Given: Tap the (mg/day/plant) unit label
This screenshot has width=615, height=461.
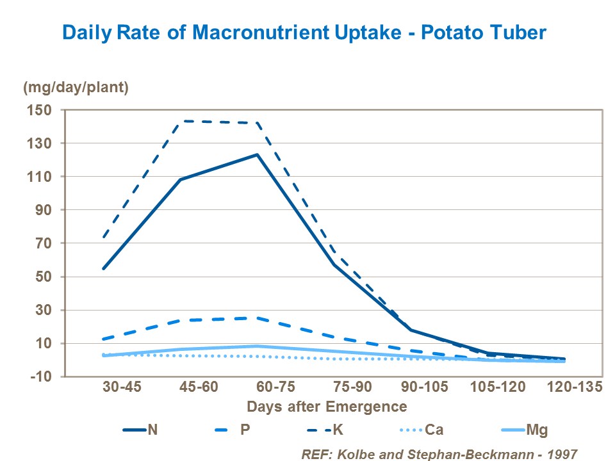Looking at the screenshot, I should click(x=76, y=88).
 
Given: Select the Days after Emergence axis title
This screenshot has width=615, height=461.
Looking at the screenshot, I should click(x=327, y=407).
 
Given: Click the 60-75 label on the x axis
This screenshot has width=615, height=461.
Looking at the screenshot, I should click(x=258, y=388).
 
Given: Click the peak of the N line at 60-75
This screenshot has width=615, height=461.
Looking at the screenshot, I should click(x=258, y=154).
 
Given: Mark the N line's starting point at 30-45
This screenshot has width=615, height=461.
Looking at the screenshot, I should click(x=104, y=268).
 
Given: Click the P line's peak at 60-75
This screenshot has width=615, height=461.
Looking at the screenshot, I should click(x=258, y=318).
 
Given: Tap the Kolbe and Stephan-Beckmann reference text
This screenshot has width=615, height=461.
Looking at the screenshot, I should click(x=439, y=453).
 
